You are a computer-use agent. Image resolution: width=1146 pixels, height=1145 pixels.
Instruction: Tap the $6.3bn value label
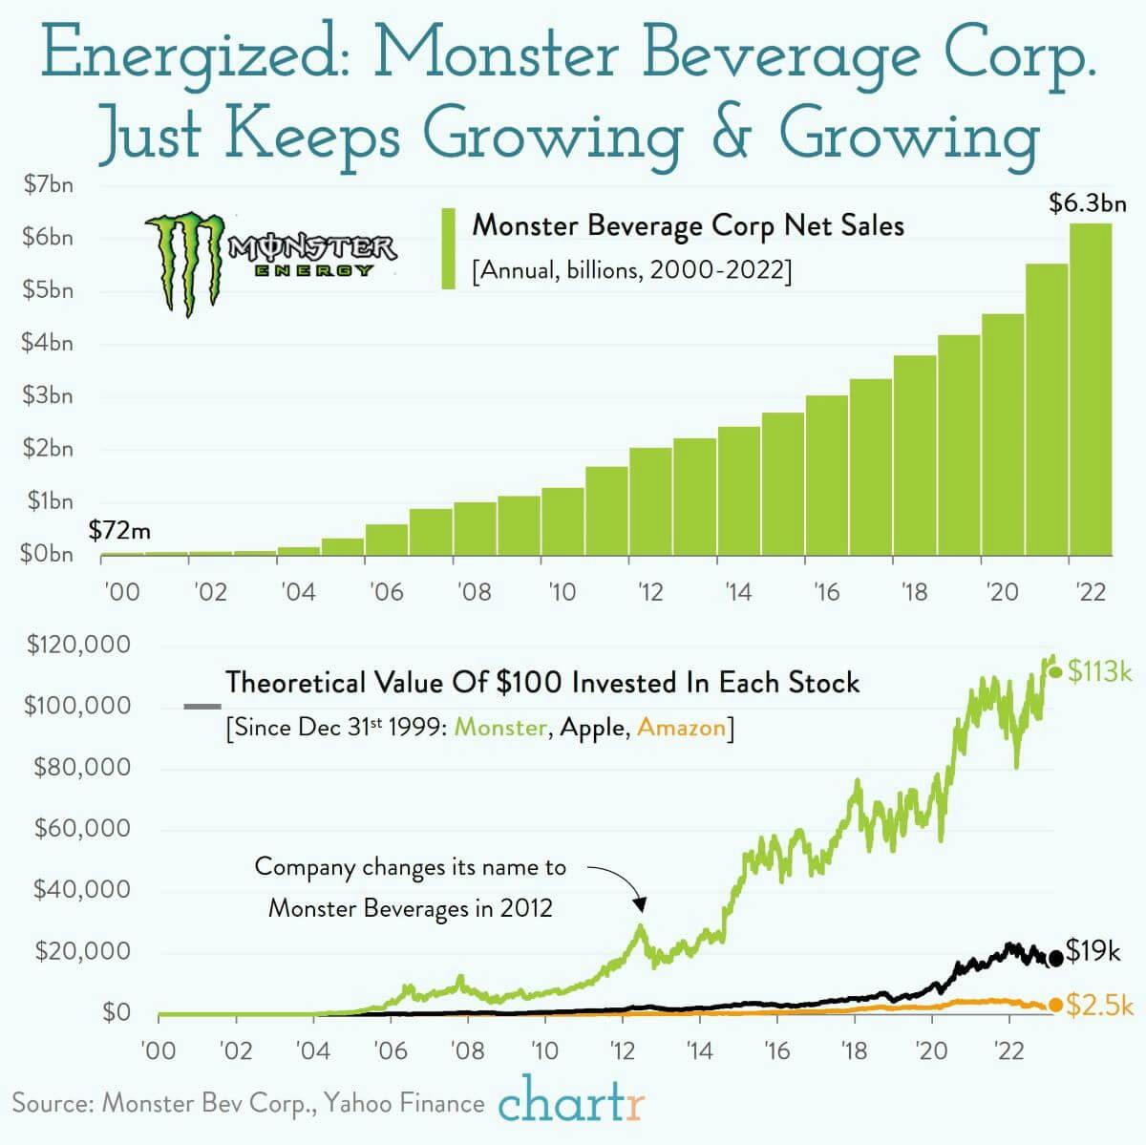(x=1087, y=202)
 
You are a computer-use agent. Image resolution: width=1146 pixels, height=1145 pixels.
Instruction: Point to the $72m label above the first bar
(x=120, y=531)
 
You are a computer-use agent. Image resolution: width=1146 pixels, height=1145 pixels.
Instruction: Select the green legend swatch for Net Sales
(x=448, y=248)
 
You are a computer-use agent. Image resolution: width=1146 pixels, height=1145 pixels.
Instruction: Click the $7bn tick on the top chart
(x=48, y=185)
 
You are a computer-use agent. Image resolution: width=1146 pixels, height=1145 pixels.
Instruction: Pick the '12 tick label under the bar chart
(x=650, y=592)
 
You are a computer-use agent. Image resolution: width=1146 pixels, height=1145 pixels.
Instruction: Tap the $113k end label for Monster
(x=1099, y=671)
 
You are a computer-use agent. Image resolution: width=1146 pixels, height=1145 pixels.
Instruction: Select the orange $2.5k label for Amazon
(x=1099, y=1006)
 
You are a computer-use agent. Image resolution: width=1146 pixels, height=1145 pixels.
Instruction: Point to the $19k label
(x=1093, y=951)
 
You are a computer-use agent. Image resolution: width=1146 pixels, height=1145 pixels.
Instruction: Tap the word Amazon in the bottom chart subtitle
(x=681, y=728)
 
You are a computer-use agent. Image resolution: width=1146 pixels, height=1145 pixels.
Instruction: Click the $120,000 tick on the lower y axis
(x=78, y=645)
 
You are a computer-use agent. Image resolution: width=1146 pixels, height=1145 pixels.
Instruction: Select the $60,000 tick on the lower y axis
(x=82, y=828)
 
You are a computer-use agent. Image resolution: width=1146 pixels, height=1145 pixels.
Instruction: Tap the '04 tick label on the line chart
(x=313, y=1050)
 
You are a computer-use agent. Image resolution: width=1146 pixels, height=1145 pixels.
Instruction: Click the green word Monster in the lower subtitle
(x=500, y=728)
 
